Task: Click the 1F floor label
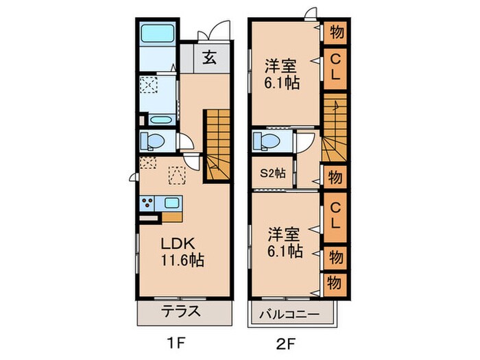[173, 341]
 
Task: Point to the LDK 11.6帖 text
[182, 252]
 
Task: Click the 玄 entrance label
[209, 58]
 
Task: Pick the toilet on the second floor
[265, 142]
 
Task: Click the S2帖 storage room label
[272, 173]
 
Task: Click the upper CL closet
[334, 69]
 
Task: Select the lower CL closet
[334, 214]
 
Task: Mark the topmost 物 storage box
[335, 32]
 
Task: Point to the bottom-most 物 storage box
[335, 282]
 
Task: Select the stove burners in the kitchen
[148, 203]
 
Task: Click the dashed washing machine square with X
[149, 86]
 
